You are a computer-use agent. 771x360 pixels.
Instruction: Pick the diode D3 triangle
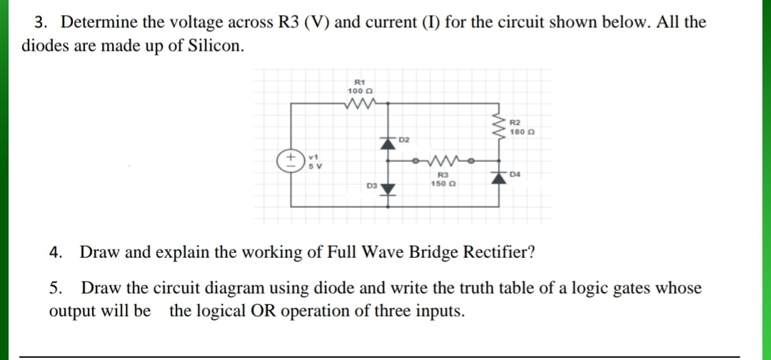388,189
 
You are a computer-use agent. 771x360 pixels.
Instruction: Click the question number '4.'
56,253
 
